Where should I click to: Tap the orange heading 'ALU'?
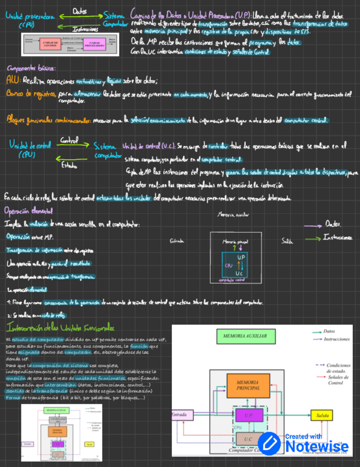[x=11, y=80]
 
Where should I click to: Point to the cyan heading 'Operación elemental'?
[x=28, y=211]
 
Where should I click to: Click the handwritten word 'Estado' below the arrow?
[x=68, y=164]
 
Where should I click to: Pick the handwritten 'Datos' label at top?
[x=79, y=10]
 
